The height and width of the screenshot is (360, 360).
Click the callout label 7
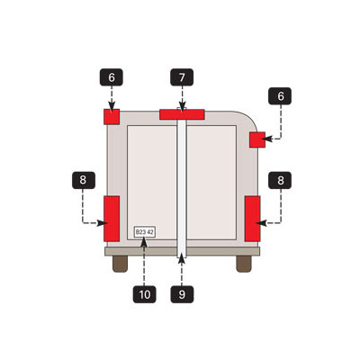pyautogui.click(x=182, y=77)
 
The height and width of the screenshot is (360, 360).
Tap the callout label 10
pyautogui.click(x=145, y=294)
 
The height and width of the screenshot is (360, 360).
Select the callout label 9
pyautogui.click(x=182, y=294)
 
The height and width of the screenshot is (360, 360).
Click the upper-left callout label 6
pyautogui.click(x=112, y=77)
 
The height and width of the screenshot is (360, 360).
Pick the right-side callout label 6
pyautogui.click(x=280, y=96)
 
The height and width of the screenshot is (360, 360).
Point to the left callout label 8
pyautogui.click(x=84, y=180)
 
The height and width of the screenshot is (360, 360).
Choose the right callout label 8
pyautogui.click(x=280, y=180)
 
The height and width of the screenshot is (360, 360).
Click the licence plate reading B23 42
pyautogui.click(x=145, y=232)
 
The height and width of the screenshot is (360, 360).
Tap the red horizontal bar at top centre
pyautogui.click(x=182, y=114)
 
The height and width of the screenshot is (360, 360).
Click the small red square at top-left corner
pyautogui.click(x=112, y=117)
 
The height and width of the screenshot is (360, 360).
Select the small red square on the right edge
pyautogui.click(x=257, y=139)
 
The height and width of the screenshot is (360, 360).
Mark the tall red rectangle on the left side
pyautogui.click(x=112, y=219)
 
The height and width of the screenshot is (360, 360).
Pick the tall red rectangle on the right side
pyautogui.click(x=252, y=219)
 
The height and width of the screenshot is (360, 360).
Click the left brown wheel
pyautogui.click(x=120, y=264)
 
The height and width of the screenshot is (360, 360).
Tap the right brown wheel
pyautogui.click(x=244, y=264)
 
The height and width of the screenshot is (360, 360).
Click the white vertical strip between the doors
pyautogui.click(x=182, y=183)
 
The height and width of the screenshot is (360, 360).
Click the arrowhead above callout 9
pyautogui.click(x=182, y=258)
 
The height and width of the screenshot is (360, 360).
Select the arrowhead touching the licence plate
pyautogui.click(x=144, y=241)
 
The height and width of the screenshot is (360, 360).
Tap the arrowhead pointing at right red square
pyautogui.click(x=269, y=139)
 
